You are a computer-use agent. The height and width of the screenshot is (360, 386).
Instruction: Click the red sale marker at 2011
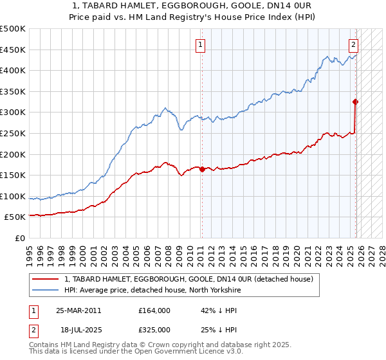coord(202,170)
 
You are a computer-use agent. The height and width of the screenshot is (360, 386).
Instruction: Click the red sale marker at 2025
coord(355,102)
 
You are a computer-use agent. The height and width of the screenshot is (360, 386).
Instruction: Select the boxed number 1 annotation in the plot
coord(201,45)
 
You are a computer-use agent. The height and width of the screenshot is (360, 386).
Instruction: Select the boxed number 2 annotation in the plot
coord(354,45)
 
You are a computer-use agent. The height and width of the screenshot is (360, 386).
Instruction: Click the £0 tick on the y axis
coord(20,238)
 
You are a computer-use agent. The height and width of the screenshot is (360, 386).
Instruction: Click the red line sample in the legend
coord(46,279)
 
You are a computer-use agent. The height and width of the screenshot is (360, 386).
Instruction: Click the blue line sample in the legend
coord(46,290)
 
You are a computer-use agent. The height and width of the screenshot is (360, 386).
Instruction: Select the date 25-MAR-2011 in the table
coord(78,310)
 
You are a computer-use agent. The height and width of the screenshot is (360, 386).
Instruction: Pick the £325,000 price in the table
coord(154,330)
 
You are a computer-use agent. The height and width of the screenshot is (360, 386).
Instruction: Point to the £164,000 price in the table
coord(154,310)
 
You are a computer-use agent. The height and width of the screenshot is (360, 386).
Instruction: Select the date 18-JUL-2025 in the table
coord(78,330)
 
